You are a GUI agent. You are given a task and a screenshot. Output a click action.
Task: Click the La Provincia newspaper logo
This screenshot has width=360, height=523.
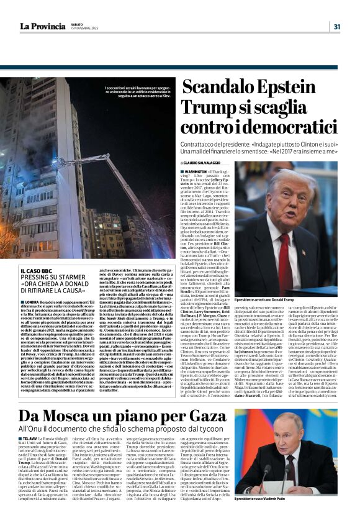click(x=42, y=26)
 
